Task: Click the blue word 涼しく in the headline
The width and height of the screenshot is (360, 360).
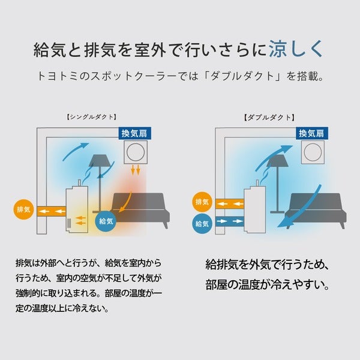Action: click(296, 49)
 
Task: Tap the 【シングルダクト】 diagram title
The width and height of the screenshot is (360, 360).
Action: click(92, 117)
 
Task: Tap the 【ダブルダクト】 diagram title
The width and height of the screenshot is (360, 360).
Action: click(269, 118)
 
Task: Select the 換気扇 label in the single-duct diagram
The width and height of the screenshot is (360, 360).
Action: click(134, 133)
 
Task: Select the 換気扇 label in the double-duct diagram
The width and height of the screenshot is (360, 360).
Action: click(312, 133)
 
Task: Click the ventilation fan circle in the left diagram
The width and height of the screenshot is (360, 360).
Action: click(136, 152)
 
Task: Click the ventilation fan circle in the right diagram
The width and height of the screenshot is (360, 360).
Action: click(313, 152)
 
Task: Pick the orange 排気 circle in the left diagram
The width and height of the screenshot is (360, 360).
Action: click(23, 209)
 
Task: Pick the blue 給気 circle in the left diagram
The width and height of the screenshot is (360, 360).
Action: click(106, 221)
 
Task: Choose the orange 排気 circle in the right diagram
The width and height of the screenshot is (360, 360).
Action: click(202, 202)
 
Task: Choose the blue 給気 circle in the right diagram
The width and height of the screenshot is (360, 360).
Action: click(202, 224)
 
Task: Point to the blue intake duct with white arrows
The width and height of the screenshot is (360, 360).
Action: click(230, 221)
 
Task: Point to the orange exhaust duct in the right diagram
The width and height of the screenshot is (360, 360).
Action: click(230, 204)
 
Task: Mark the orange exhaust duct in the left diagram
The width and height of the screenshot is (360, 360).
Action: click(52, 211)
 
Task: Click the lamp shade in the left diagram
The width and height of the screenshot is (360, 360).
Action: click(100, 161)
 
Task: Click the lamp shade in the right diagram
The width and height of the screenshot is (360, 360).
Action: click(277, 161)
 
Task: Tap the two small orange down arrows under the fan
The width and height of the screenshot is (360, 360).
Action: click(136, 170)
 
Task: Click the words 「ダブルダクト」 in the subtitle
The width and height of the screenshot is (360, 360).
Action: click(243, 76)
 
